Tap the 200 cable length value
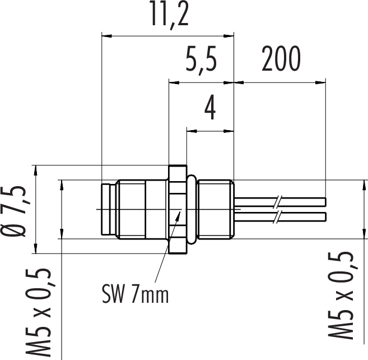(x=281, y=58)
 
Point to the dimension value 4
(x=210, y=108)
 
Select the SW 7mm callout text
(x=136, y=293)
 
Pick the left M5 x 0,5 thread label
(x=38, y=313)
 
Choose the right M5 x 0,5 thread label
(x=341, y=296)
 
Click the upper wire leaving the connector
(x=280, y=202)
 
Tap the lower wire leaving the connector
(x=280, y=216)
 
